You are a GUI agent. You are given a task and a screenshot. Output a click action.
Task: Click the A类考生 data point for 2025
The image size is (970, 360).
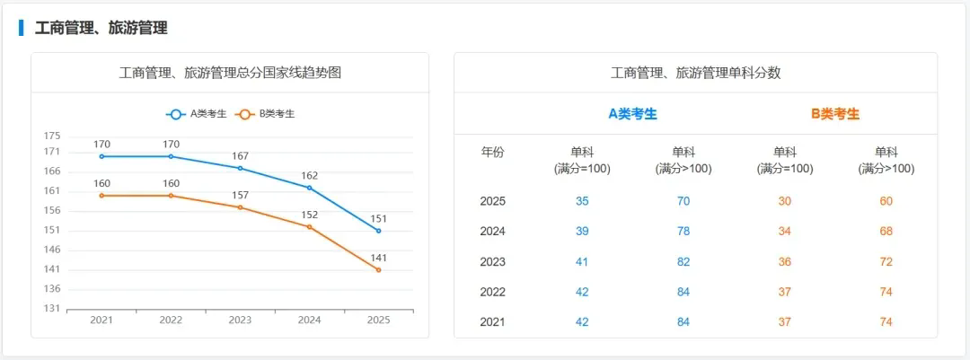pos(378,231)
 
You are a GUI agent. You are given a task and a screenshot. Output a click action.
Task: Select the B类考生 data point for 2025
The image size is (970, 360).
pos(378,269)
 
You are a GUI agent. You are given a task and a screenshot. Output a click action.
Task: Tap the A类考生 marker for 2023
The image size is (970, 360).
pos(240,168)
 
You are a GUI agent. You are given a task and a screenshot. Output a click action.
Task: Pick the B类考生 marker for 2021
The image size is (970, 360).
pos(101,196)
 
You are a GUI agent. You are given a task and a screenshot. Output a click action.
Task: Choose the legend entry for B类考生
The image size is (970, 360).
pos(266,114)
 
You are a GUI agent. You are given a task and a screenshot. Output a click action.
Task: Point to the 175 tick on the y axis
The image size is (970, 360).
pos(52,136)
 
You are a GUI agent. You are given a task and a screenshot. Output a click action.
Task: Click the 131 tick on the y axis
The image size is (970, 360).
pos(52,309)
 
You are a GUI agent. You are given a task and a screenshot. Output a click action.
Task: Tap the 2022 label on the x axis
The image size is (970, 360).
pos(171,320)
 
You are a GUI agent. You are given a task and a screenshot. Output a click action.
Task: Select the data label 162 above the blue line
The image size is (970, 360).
pos(309,176)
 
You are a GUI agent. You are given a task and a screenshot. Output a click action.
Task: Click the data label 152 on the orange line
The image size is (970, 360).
pos(309,215)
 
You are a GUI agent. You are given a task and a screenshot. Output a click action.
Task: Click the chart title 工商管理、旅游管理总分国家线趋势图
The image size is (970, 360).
pos(230,73)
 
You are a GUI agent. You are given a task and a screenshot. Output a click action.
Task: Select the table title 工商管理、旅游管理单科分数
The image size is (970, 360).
pos(695,73)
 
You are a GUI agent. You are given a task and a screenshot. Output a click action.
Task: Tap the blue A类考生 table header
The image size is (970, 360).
pos(633,114)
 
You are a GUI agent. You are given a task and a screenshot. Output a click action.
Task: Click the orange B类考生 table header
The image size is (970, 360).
pos(835,114)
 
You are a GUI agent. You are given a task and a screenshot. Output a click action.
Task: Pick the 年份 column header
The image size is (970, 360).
pos(493,153)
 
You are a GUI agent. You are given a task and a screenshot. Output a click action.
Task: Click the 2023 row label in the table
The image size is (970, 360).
pos(493,262)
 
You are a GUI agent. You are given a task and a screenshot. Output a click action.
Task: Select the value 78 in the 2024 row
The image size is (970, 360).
pos(683,232)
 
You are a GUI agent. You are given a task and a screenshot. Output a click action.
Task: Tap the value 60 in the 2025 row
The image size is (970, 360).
pos(886,201)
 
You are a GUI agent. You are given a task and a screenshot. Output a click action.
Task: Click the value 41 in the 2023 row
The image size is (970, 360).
pos(582,262)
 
